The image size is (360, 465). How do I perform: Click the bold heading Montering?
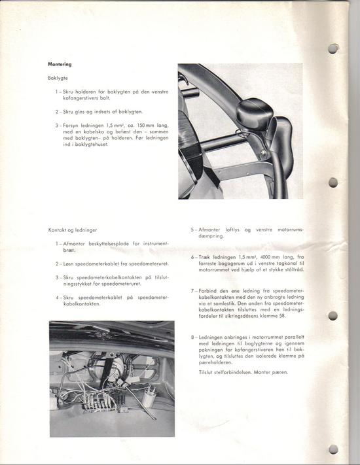pyautogui.click(x=60, y=64)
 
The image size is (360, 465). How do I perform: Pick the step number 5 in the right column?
pyautogui.click(x=192, y=230)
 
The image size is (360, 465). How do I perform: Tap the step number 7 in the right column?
pyautogui.click(x=192, y=290)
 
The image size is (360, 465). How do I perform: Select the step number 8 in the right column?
pyautogui.click(x=192, y=337)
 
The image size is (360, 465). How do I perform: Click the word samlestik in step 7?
pyautogui.click(x=234, y=303)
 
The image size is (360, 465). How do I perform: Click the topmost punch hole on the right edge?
pyautogui.click(x=333, y=49)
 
